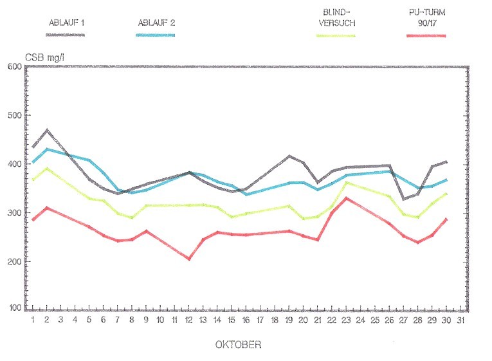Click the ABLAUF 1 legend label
(67, 22)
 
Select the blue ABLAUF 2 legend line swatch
(156, 35)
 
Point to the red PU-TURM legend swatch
(426, 35)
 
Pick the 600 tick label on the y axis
(14, 66)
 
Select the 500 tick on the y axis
(14, 115)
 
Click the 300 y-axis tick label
(14, 213)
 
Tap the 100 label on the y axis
(14, 308)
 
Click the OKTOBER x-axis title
(238, 345)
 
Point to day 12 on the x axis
(188, 320)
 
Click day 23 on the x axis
(347, 320)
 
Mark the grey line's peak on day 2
(47, 130)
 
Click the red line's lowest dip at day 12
(189, 259)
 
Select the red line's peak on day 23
(347, 198)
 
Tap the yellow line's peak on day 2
(47, 169)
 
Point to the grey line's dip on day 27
(404, 199)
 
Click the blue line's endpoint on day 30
(446, 180)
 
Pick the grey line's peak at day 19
(290, 156)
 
